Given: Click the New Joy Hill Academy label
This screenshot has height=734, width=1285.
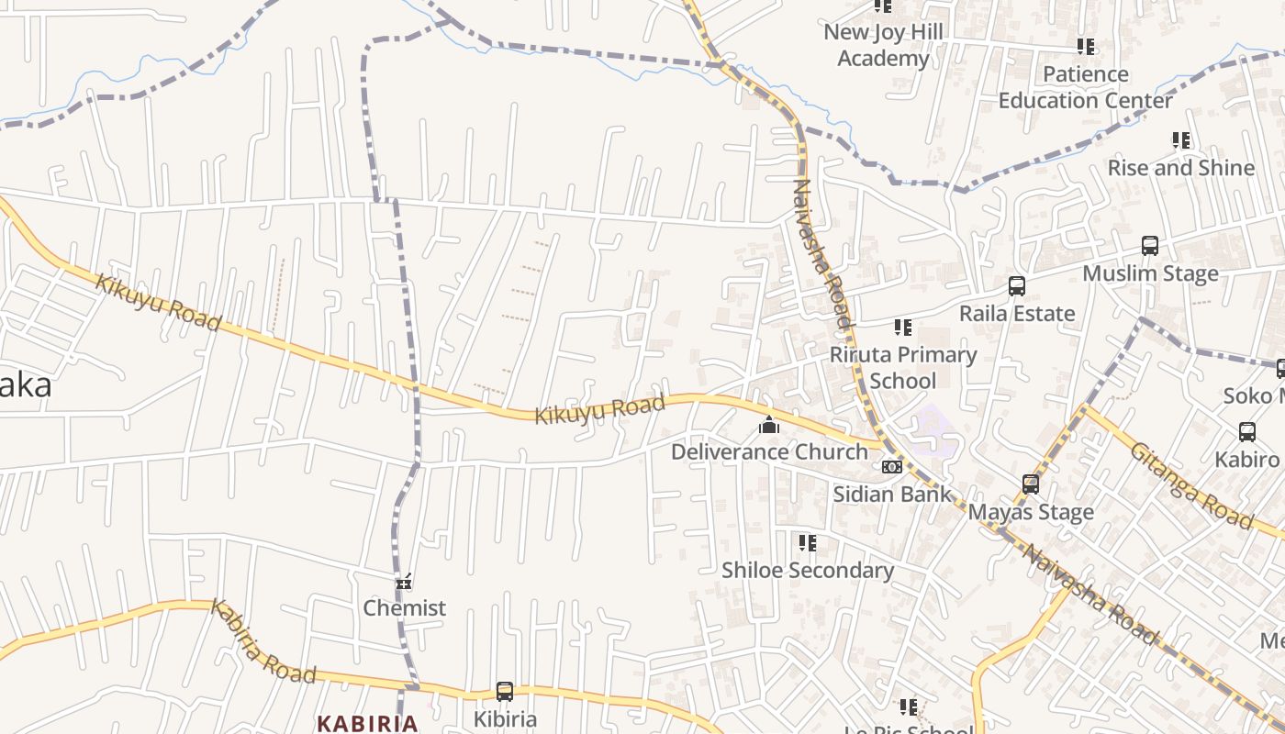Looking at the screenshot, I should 883,46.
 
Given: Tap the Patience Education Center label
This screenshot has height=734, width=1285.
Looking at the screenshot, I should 1085,87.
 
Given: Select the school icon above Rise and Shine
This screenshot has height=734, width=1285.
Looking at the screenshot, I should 1181,140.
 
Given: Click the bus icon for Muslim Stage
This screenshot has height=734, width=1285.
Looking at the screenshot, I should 1149,246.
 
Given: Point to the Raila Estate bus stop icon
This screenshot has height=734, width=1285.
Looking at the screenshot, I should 1016,286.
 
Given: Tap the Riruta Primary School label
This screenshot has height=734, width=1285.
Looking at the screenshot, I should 903,367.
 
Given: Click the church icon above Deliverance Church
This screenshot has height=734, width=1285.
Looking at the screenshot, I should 769,425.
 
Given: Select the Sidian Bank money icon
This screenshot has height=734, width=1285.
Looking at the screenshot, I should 891,467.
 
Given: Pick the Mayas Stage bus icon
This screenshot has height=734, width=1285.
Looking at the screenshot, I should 1031,484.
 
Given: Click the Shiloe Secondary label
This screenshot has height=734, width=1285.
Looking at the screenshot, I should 807,570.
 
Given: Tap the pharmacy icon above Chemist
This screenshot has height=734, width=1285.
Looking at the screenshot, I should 404,582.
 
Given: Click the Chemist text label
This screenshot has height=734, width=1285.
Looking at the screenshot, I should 404,607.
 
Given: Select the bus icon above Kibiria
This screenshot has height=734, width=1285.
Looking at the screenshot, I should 504,692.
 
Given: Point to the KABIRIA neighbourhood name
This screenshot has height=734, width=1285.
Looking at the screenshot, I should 367,723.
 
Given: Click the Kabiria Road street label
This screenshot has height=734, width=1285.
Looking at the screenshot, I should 263,641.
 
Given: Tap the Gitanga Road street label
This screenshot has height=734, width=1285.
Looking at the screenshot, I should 1190,485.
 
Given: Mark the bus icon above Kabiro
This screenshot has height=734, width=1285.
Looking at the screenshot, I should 1246,432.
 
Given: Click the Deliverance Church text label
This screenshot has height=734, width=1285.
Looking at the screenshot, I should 769,451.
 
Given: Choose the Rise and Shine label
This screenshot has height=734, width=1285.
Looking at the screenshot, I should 1180,168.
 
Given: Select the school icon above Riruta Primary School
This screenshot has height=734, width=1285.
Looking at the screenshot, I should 903,328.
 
